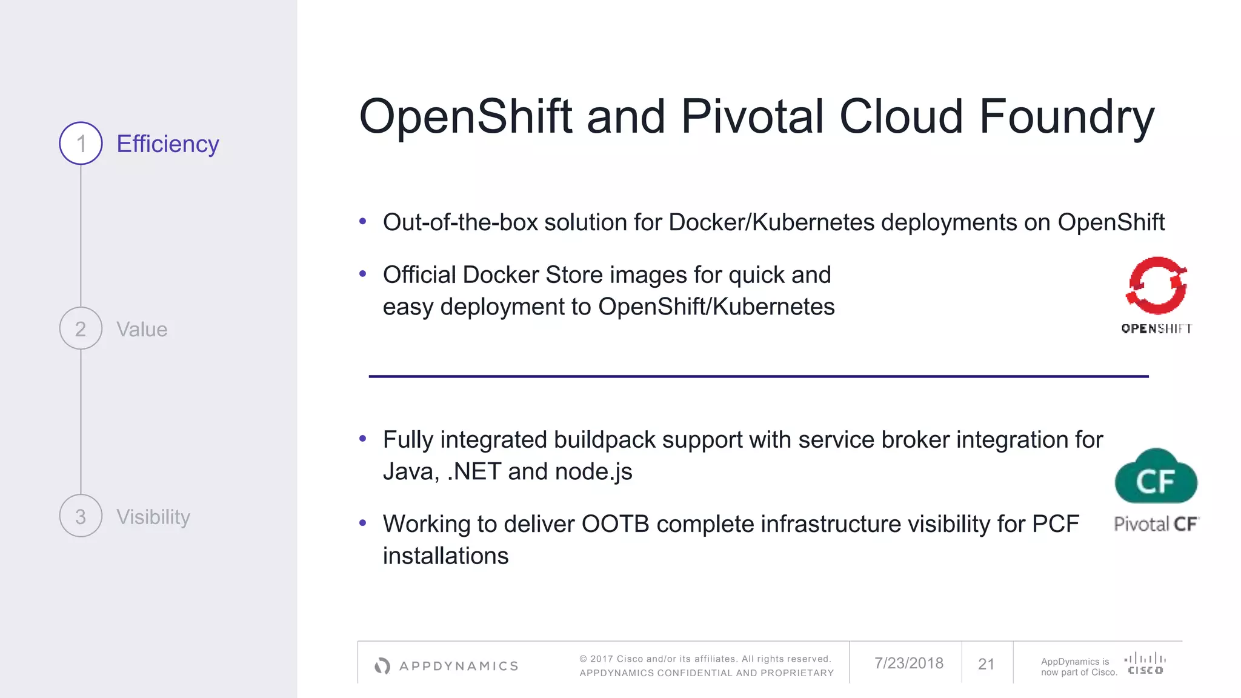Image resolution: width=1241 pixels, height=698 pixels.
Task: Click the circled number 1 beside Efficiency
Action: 81,144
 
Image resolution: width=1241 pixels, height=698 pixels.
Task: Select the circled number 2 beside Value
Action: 81,328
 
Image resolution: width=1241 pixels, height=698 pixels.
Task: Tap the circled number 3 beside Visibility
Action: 81,516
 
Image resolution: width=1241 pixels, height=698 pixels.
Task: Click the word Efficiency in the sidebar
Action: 167,144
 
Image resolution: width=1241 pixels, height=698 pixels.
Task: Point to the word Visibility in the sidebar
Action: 153,517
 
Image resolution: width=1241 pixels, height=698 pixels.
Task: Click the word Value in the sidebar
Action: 142,330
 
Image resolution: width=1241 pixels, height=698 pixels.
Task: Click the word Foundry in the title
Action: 1066,117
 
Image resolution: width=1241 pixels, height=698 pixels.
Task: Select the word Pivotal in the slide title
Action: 752,116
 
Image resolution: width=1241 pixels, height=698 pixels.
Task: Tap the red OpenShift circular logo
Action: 1156,285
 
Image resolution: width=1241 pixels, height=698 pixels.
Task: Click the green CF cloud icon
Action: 1156,477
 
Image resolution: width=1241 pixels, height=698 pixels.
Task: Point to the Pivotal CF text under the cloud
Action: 1156,524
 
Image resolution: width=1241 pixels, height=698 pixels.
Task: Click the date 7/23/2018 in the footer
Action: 908,663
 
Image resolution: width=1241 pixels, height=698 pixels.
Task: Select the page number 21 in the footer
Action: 986,664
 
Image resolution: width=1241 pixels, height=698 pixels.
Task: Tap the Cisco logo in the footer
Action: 1145,663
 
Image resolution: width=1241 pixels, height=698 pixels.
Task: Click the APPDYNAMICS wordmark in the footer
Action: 459,666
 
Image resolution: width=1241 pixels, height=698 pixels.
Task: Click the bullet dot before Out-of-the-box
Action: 362,221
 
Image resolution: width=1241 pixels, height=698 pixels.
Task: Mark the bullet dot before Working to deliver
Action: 362,522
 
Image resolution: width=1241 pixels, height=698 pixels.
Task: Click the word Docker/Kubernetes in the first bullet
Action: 771,222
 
